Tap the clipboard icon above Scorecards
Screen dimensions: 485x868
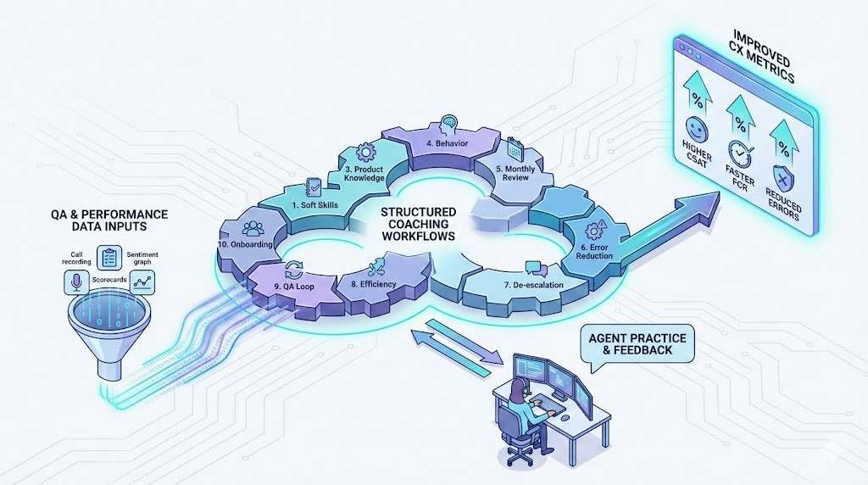point(109,257)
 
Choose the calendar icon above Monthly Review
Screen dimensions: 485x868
point(514,153)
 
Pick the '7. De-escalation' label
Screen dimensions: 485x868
point(532,286)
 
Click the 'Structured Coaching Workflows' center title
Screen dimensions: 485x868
point(418,224)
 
